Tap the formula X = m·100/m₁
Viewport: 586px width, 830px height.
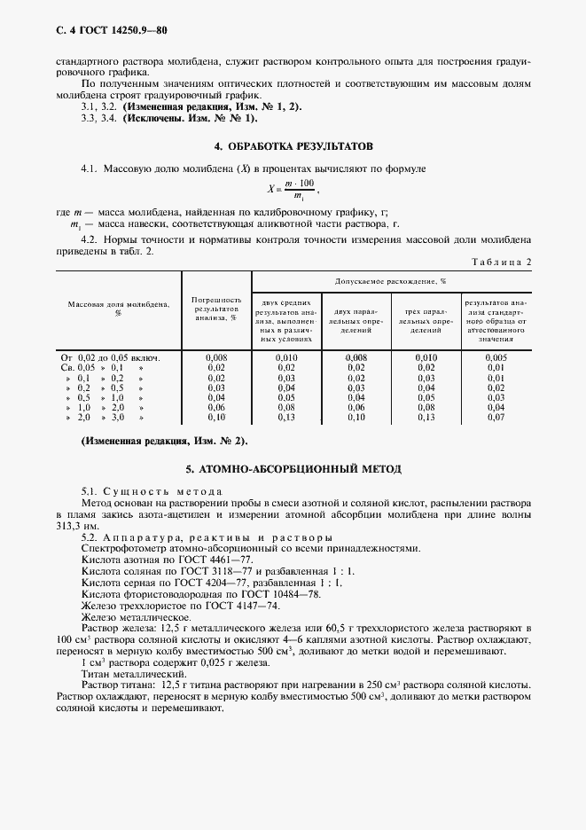pos(292,188)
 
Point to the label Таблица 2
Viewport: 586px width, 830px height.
pos(503,262)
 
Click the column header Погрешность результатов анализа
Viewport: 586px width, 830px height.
pos(216,309)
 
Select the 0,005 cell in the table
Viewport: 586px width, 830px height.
pos(496,356)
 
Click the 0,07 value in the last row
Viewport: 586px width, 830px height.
pos(496,417)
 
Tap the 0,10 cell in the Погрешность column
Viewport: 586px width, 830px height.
pos(215,417)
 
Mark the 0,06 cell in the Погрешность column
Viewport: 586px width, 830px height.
pos(215,407)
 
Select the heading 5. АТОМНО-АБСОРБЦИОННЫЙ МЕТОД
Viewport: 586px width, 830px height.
pos(293,467)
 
